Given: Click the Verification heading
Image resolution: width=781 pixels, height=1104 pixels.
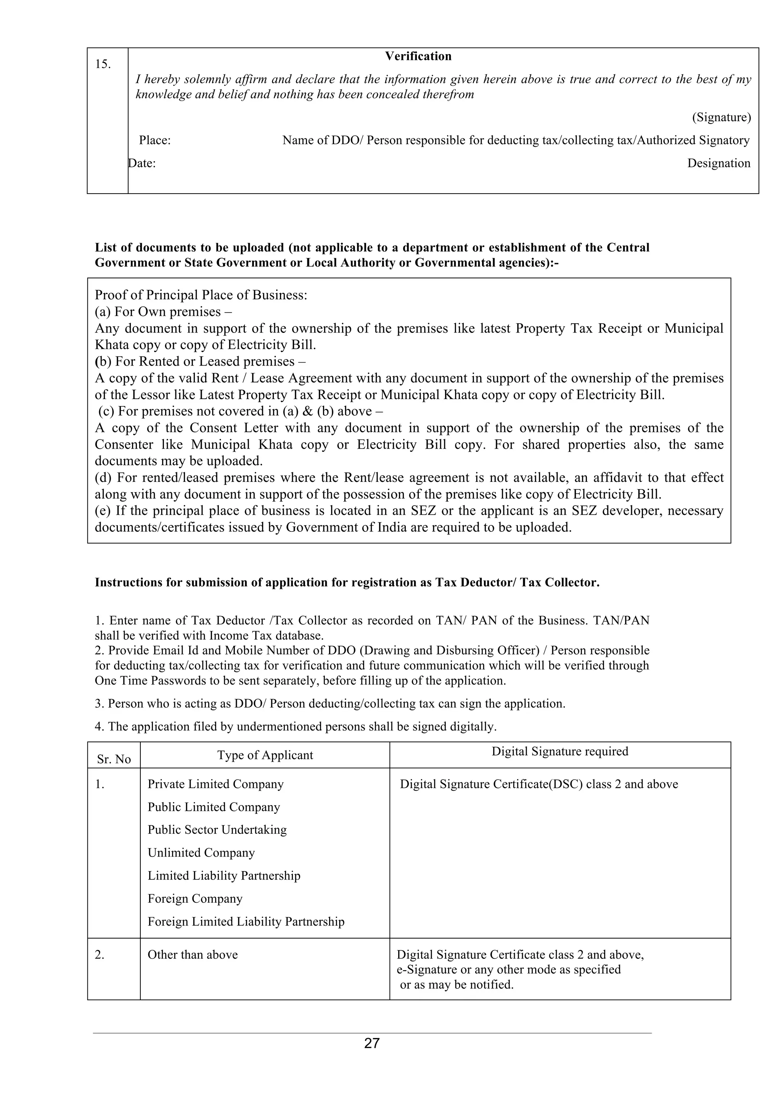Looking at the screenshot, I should coord(418,56).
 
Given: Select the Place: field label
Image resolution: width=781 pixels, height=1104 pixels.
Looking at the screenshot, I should coord(155,140).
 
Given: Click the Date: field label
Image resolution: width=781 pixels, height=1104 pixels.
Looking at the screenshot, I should coord(142,164).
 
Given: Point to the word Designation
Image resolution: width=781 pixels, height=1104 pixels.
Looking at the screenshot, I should coord(718,164).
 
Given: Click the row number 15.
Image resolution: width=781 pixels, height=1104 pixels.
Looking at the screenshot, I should coord(103,64).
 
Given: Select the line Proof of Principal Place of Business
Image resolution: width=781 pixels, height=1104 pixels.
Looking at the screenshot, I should coord(201,295).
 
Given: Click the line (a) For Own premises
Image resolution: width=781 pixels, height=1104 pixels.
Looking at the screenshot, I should coord(164,311).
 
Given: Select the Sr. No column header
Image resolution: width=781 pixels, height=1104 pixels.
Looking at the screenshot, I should coord(114,759).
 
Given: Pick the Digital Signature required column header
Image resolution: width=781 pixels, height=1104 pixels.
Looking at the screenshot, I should coord(560,751).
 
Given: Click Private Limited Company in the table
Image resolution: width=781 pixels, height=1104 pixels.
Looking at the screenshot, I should coord(215,784).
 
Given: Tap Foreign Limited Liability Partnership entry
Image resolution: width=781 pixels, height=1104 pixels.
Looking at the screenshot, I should coord(246,921).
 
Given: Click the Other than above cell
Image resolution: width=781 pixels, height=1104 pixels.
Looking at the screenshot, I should coord(192,955).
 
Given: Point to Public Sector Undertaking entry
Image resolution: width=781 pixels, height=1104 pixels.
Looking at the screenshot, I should coord(217,830).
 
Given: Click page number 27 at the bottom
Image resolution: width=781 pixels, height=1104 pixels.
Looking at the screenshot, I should coord(372,1043).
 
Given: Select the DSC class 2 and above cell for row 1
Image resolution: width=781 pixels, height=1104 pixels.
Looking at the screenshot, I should coord(538,784).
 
